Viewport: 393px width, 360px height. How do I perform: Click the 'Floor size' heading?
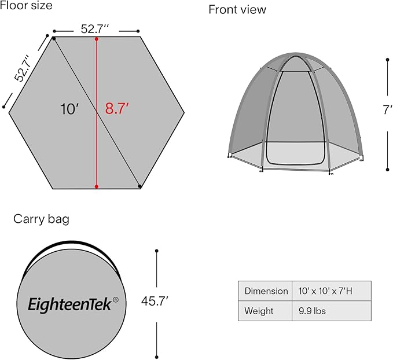26,5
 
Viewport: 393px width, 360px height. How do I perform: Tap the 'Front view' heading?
237,10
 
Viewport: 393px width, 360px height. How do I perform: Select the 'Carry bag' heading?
41,219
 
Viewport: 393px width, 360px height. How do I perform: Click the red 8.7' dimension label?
117,109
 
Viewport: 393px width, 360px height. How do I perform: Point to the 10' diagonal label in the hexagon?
69,109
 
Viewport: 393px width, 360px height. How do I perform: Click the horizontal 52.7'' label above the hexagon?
95,29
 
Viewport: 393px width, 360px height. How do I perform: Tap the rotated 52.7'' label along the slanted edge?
23,68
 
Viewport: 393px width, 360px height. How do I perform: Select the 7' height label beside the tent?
387,110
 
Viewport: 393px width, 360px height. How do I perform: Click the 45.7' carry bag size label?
155,301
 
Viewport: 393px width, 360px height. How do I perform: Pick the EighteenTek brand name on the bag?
69,304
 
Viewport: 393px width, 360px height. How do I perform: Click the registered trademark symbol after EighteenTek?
116,300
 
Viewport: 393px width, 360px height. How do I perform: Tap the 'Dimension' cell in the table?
266,291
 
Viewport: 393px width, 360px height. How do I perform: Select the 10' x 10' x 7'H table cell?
325,291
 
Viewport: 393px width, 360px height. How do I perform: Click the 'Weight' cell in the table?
259,311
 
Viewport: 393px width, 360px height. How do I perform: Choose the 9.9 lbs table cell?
312,311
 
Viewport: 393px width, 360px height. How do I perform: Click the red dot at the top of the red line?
97,39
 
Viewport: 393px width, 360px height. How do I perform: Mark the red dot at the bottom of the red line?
97,186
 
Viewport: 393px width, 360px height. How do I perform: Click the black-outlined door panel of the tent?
296,117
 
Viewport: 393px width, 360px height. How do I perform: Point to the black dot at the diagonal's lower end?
140,186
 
